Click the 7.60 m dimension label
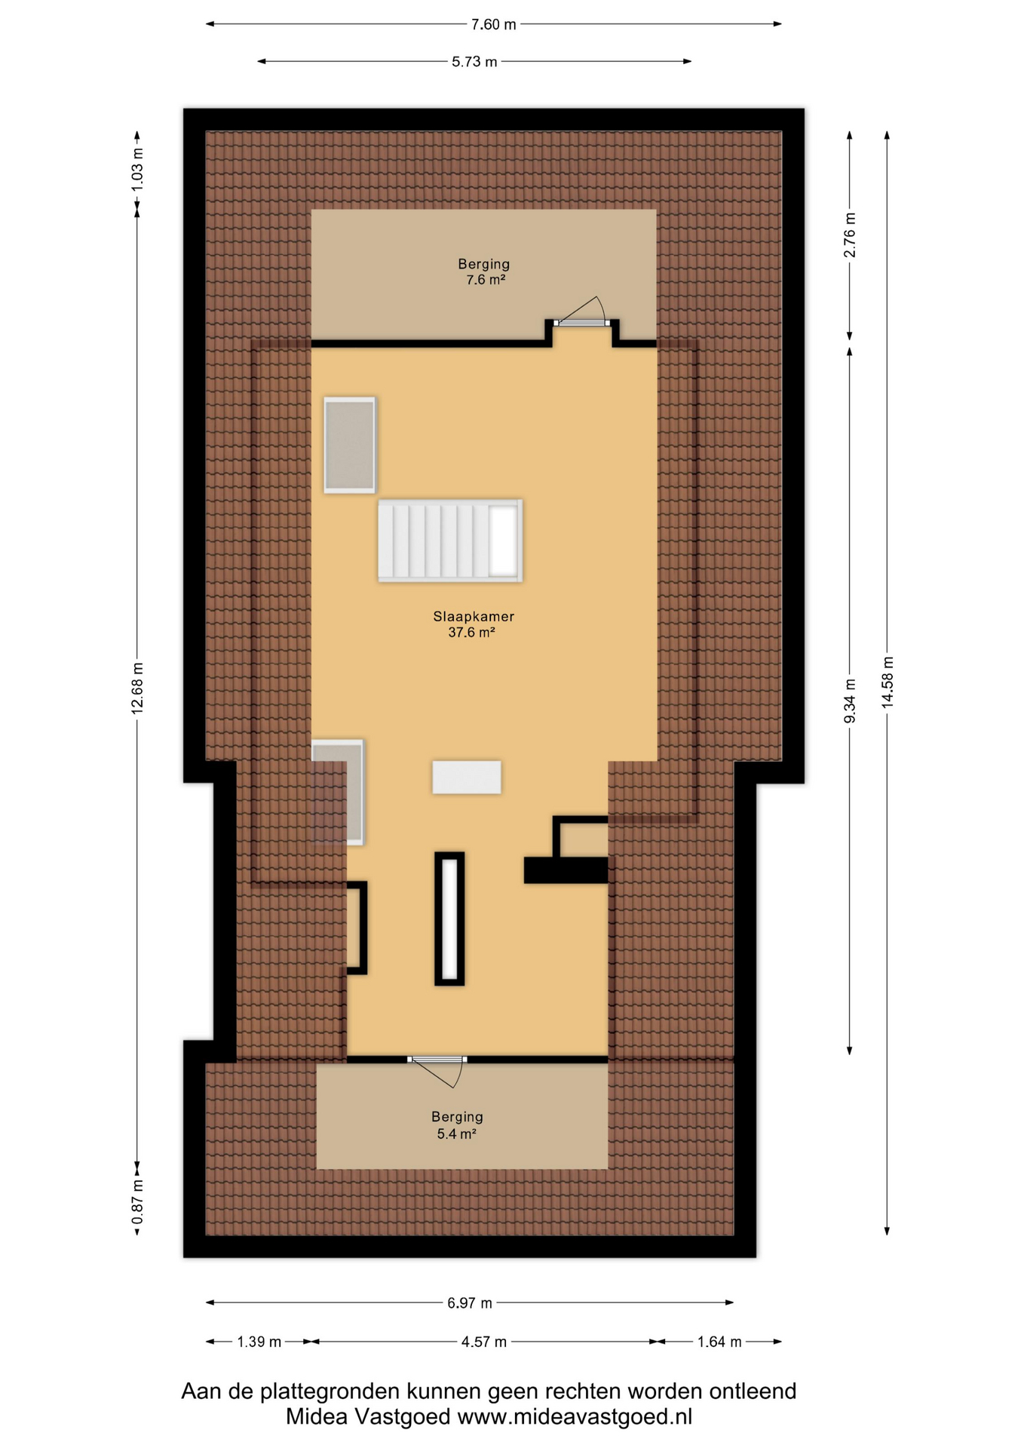pyautogui.click(x=494, y=24)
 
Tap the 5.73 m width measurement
pyautogui.click(x=474, y=62)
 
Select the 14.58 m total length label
pyautogui.click(x=888, y=682)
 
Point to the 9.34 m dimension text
pyautogui.click(x=850, y=701)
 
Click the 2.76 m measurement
pyautogui.click(x=850, y=235)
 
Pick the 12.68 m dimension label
pyautogui.click(x=137, y=689)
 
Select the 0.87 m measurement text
pyautogui.click(x=137, y=1203)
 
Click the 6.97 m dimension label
pyautogui.click(x=470, y=1303)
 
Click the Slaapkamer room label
pyautogui.click(x=473, y=617)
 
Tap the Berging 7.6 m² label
pyautogui.click(x=484, y=272)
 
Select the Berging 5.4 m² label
pyautogui.click(x=457, y=1125)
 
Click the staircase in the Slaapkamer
pyautogui.click(x=450, y=540)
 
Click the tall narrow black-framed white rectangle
pyautogui.click(x=449, y=919)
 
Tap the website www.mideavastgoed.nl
pyautogui.click(x=575, y=1417)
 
